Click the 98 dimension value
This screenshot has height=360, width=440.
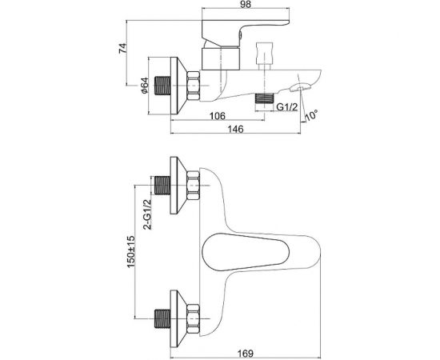(246, 4)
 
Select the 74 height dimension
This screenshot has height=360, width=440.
(123, 49)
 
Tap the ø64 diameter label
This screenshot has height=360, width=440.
(144, 86)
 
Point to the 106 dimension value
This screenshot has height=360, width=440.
(218, 116)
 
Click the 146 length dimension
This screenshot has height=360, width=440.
(235, 129)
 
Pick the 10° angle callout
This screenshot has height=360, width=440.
(312, 115)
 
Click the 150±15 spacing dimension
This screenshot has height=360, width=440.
(131, 252)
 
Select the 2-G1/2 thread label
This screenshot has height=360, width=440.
(147, 214)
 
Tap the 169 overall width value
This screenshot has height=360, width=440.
(246, 353)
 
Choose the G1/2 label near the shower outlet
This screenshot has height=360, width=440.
(286, 107)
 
